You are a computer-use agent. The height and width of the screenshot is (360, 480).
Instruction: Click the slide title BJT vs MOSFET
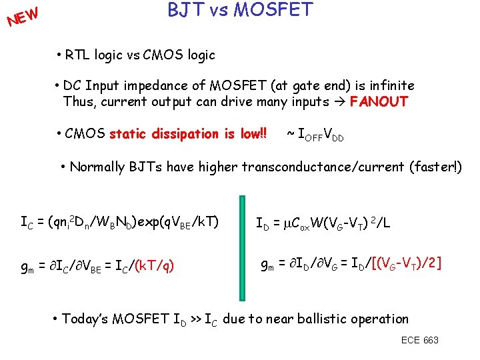(239, 11)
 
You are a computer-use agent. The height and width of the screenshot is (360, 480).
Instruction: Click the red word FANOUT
(379, 102)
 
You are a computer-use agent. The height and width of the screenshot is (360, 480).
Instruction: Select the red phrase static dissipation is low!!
(188, 133)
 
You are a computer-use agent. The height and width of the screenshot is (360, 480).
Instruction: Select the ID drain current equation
(323, 222)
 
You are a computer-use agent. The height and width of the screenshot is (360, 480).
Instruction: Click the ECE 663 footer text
(420, 340)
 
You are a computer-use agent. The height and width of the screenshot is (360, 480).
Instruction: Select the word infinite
(389, 85)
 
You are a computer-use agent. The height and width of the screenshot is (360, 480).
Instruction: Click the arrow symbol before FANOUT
(339, 102)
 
